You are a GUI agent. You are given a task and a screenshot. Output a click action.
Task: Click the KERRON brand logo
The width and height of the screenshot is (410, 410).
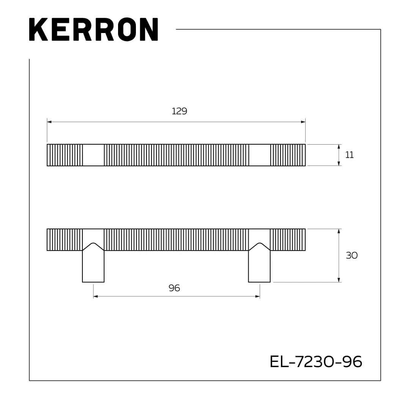(94, 29)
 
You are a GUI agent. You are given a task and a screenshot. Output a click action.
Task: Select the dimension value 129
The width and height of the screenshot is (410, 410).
(179, 111)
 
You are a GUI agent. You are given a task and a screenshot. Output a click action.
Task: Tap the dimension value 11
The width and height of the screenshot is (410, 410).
(349, 155)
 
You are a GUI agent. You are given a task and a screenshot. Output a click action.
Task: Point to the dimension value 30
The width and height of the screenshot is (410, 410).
(352, 255)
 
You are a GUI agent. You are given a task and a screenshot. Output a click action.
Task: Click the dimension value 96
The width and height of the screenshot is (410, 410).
(174, 288)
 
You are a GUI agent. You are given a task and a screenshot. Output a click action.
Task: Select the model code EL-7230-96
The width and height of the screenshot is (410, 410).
(316, 362)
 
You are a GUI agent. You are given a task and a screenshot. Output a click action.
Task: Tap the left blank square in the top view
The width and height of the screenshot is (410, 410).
(93, 155)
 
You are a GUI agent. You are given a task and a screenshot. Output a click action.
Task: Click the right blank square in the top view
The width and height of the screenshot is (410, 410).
(259, 155)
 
